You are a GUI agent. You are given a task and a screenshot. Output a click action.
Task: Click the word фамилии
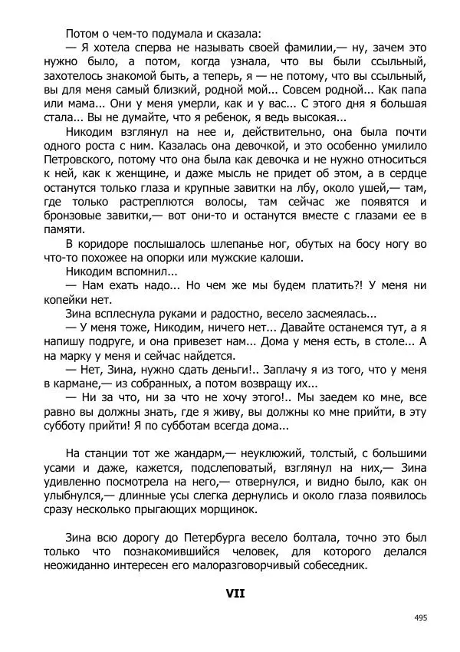(x=297, y=48)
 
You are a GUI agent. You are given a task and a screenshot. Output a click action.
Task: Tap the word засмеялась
(x=337, y=314)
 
